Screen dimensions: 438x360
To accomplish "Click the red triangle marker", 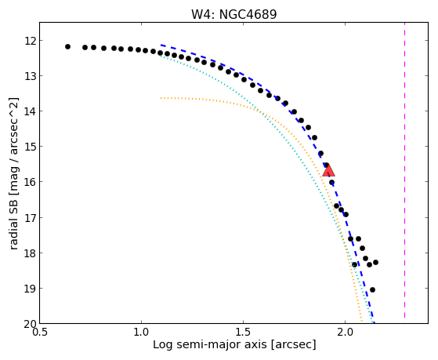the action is [x=328, y=171].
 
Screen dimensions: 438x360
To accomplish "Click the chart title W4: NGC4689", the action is [x=233, y=14].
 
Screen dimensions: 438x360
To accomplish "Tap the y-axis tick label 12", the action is [x=31, y=41].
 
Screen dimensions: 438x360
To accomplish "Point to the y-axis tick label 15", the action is [x=31, y=147].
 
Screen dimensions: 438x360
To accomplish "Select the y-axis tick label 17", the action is [x=31, y=217].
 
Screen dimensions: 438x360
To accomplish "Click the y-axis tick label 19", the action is [x=31, y=288].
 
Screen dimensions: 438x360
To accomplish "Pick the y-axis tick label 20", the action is [x=31, y=324].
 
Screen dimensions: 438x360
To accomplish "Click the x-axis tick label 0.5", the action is [x=40, y=333].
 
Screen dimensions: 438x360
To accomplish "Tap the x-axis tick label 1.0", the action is [x=141, y=333].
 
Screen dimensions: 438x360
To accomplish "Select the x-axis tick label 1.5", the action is [x=244, y=333].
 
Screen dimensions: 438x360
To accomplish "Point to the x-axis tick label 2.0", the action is [x=345, y=333].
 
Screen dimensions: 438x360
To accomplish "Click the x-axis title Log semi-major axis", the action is [x=210, y=344].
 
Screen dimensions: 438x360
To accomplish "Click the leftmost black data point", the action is [x=67, y=47].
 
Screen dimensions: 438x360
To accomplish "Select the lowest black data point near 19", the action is [x=372, y=289].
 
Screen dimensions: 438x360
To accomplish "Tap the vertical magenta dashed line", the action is [x=404, y=171].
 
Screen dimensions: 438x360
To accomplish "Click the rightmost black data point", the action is [x=375, y=263].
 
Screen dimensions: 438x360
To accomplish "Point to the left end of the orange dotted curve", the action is [x=161, y=98].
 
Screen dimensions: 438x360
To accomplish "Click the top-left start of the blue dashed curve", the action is [x=161, y=45].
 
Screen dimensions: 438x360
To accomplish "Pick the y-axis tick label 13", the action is [x=31, y=76].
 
